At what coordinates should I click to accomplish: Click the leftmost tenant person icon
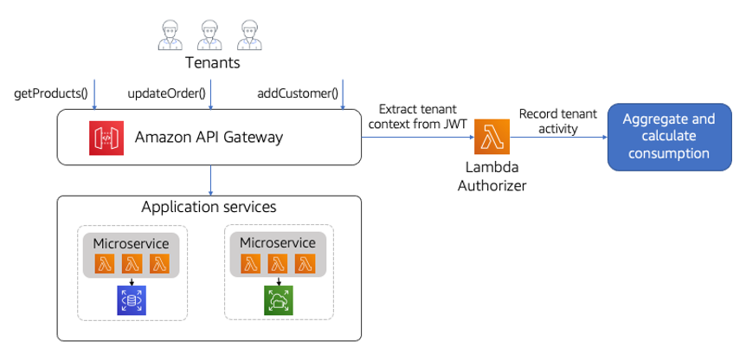pos(170,35)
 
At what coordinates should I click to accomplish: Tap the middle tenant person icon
pos(209,35)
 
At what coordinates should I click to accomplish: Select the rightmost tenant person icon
pos(249,35)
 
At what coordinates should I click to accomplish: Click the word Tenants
pos(212,63)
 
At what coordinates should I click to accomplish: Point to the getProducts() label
pos(51,93)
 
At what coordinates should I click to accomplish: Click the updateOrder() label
pos(166,93)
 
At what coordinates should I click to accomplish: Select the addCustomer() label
pos(298,93)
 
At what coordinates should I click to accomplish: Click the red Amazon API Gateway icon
pos(106,138)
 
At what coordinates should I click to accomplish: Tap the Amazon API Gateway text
pos(209,138)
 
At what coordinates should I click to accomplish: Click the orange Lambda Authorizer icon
pos(492,136)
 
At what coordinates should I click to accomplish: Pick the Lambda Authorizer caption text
pos(492,177)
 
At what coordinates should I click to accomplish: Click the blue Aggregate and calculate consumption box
pos(669,136)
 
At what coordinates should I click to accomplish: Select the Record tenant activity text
pos(557,122)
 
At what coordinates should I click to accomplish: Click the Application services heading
pos(209,208)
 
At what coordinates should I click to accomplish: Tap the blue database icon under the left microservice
pos(132,299)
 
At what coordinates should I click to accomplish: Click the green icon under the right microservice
pos(278,299)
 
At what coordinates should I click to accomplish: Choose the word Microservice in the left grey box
pos(131,243)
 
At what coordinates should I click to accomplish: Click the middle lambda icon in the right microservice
pos(277,263)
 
